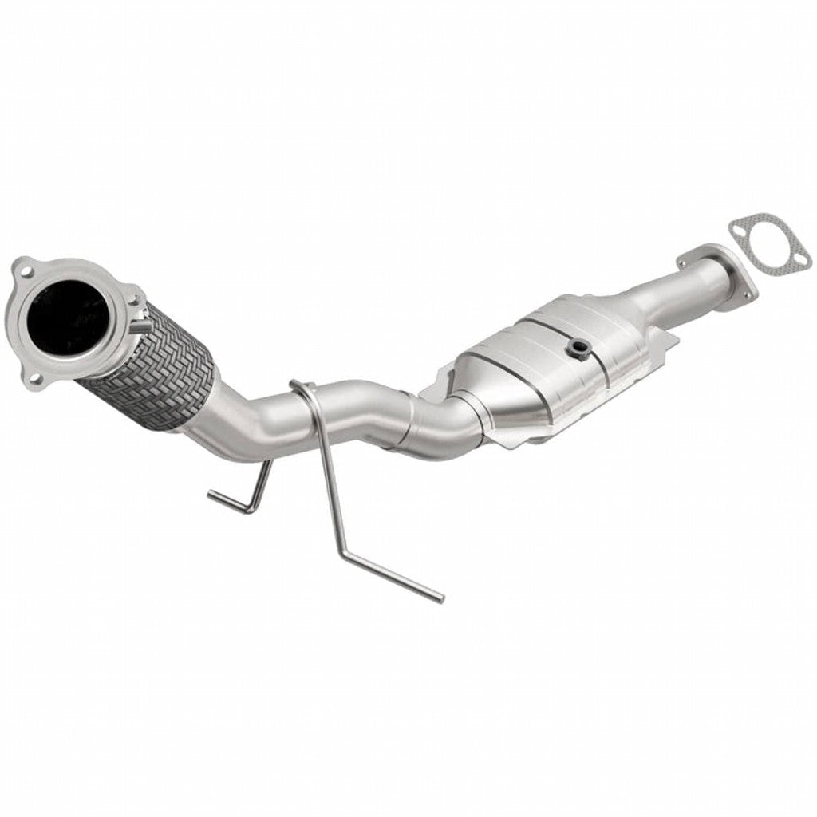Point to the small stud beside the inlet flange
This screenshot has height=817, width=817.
point(136,327)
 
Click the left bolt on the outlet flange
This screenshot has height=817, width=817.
point(685,261)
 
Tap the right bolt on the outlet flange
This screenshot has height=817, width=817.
point(747,296)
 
